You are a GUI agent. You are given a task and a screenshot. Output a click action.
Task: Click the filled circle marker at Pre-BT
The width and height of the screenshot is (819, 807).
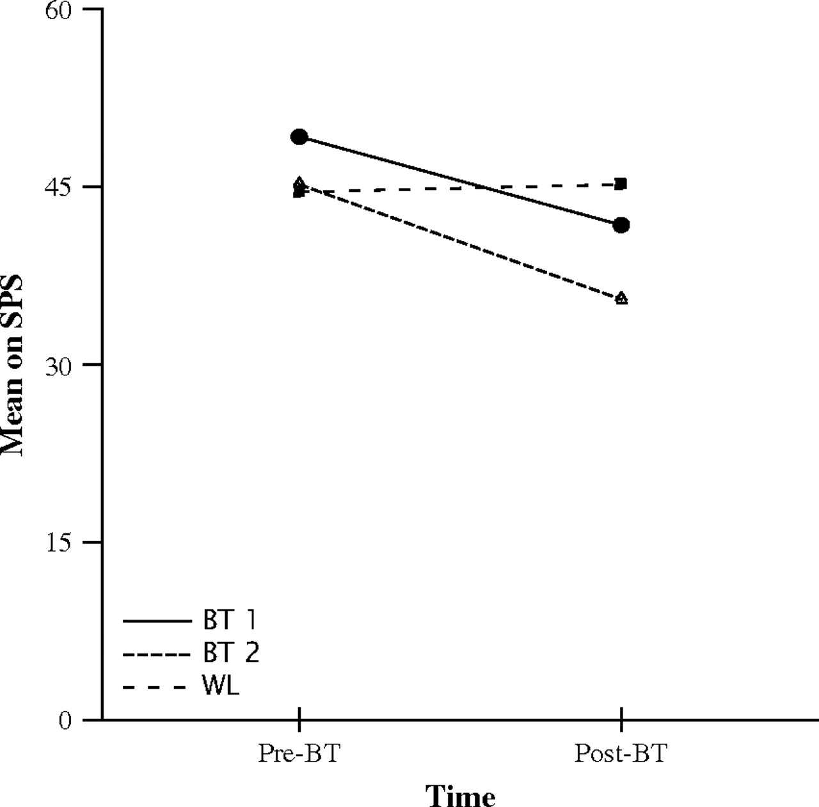point(299,137)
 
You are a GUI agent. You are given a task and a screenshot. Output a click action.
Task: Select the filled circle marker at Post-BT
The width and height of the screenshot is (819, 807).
point(621,225)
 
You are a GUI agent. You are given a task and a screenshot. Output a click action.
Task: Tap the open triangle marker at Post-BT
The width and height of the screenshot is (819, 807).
point(621,298)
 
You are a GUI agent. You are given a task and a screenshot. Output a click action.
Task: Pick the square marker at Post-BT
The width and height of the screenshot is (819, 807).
point(621,184)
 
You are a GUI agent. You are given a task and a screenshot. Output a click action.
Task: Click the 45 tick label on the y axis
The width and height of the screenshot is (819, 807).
point(60,187)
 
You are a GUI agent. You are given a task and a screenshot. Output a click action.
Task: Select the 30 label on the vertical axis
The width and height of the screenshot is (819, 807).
point(60,365)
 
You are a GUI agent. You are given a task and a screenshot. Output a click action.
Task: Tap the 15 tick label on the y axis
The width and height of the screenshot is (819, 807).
point(60,543)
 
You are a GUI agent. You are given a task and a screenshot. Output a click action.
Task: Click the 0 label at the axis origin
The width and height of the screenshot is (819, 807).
point(65,721)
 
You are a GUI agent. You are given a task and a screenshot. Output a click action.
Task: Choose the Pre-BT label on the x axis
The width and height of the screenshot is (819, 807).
point(298,754)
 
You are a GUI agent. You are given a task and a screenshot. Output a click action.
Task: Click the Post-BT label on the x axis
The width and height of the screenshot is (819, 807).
point(621,754)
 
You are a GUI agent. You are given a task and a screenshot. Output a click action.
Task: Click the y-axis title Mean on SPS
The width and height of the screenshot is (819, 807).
point(13,365)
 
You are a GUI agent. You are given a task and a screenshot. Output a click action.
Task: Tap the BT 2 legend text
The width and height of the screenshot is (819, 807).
point(231,653)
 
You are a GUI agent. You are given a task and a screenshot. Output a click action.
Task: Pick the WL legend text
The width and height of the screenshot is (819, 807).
point(221,687)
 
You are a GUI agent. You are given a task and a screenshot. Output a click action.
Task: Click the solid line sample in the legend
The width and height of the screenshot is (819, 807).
point(157,621)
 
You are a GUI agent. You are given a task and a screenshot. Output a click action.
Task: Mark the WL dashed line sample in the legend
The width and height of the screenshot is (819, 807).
point(157,688)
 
